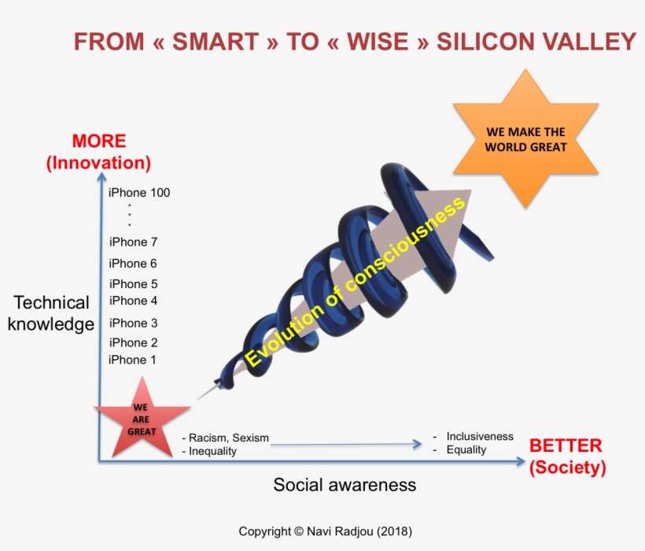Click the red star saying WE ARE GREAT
point(142,420)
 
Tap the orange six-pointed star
point(525,139)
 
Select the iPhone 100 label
point(139,193)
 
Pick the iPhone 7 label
point(133,242)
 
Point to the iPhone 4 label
point(133,301)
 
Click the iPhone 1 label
point(132,360)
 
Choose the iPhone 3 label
point(133,323)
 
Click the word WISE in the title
point(378,42)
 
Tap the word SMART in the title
point(216,42)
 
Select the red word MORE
point(99,141)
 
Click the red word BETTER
point(566,446)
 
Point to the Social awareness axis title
point(345,485)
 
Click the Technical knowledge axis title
point(51,313)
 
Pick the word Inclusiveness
point(480,436)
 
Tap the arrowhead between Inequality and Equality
point(417,444)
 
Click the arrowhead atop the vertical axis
point(101,177)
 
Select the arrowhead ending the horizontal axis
point(521,461)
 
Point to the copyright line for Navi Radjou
point(325,531)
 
